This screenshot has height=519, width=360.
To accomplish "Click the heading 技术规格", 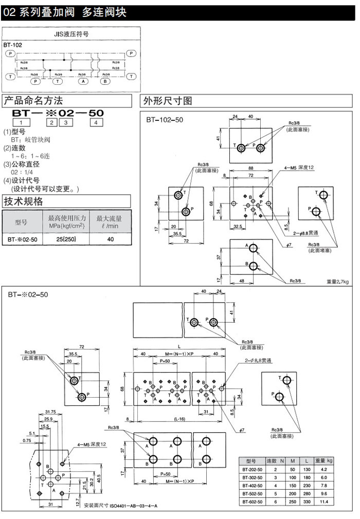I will [x=24, y=201].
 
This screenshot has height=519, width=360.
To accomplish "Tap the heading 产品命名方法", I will [x=33, y=101].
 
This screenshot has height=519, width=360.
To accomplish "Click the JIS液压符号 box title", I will [x=71, y=35].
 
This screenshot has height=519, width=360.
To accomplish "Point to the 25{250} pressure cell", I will [x=67, y=239].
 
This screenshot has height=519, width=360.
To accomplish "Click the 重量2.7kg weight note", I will [x=337, y=281].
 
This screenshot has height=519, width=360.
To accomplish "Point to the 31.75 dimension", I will [x=50, y=412].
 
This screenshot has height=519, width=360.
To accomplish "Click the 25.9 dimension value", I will [x=50, y=419].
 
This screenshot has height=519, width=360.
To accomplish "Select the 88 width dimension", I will [x=250, y=168].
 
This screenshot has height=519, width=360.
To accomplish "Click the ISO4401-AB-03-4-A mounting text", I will [x=127, y=506].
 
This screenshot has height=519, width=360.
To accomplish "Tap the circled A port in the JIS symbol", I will [x=83, y=81].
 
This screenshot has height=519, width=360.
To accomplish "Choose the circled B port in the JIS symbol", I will [x=106, y=81].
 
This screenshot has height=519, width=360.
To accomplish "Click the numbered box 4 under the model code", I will [x=96, y=122].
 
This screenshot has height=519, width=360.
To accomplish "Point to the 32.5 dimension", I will [x=238, y=226].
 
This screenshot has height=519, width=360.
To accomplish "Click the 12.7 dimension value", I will [x=77, y=498].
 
